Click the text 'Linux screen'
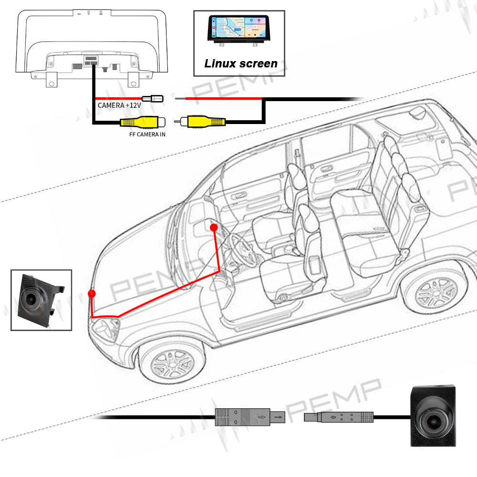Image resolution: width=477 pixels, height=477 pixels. (240, 63)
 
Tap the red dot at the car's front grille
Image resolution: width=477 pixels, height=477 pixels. (92, 293)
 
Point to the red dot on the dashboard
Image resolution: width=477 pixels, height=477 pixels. (214, 228)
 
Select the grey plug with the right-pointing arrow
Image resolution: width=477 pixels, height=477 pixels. (248, 418)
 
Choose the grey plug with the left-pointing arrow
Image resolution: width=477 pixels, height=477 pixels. (339, 417)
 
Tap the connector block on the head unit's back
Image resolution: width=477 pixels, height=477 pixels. (91, 61)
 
